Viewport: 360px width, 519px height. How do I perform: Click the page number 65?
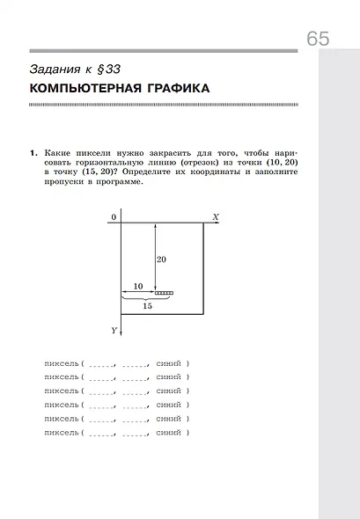click(318, 39)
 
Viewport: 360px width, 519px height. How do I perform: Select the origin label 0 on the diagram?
click(114, 216)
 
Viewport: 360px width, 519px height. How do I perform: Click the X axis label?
click(216, 216)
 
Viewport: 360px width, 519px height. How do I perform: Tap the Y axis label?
click(114, 330)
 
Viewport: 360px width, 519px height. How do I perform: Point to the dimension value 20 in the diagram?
click(161, 259)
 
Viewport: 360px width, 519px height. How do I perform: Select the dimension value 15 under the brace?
click(147, 306)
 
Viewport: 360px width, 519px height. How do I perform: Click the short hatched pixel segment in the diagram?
click(164, 292)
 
